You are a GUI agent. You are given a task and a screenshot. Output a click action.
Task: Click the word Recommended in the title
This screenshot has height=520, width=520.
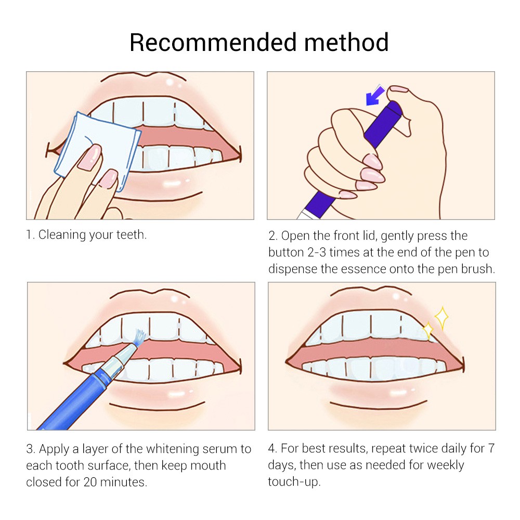pos(213,43)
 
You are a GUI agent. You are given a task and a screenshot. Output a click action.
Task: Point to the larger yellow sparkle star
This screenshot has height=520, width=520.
pos(441,318)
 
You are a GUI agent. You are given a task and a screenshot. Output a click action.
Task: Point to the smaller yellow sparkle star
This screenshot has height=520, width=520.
pos(428,331)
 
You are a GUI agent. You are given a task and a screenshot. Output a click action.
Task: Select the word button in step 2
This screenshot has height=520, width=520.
pos(287,253)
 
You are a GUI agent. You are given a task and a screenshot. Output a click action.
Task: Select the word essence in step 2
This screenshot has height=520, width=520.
pos(364,269)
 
